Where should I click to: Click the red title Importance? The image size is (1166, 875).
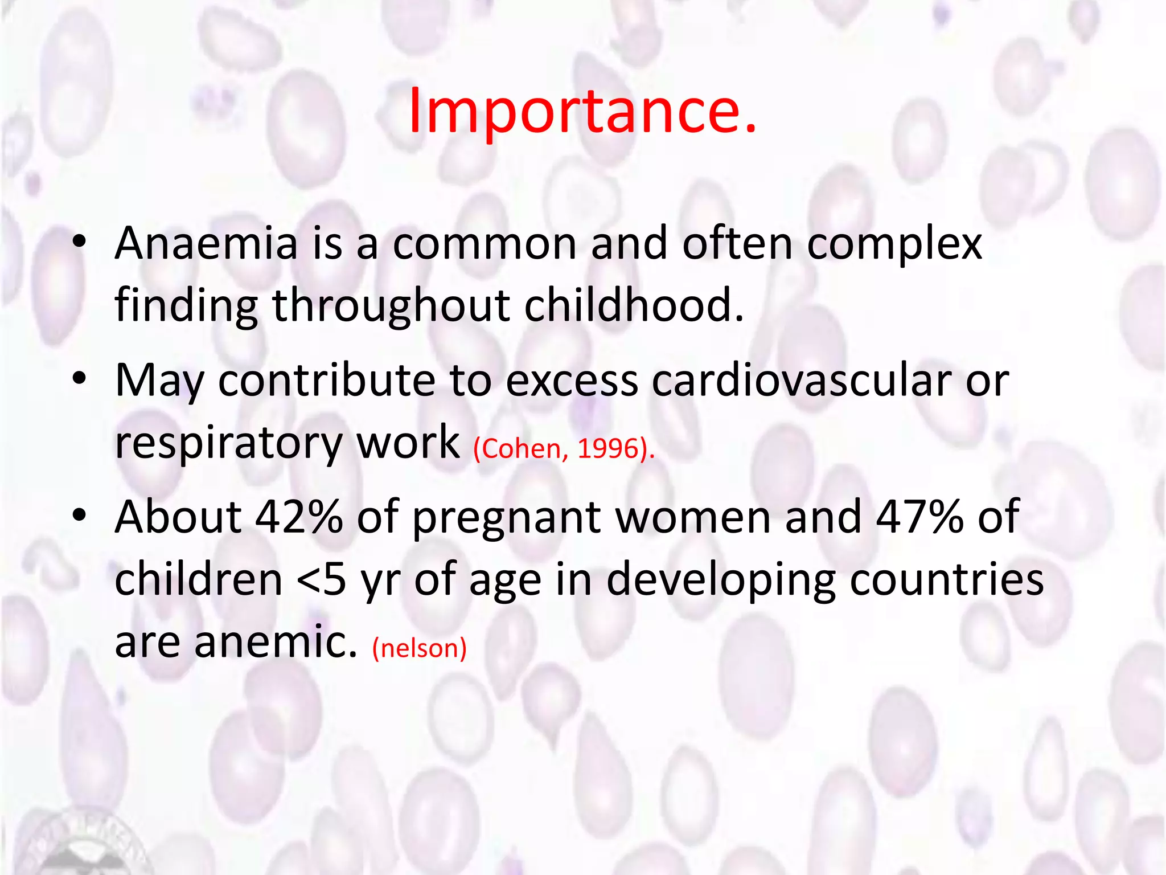click(x=582, y=111)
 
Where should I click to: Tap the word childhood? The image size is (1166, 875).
click(x=634, y=305)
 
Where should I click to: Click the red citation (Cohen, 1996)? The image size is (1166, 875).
click(x=564, y=449)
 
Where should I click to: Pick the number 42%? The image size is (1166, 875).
click(x=299, y=517)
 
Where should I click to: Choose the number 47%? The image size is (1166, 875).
click(x=919, y=517)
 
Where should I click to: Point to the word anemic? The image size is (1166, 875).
click(x=276, y=641)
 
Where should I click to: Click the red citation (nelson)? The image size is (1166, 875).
click(x=420, y=648)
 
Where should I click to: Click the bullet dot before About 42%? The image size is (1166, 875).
click(x=79, y=514)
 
